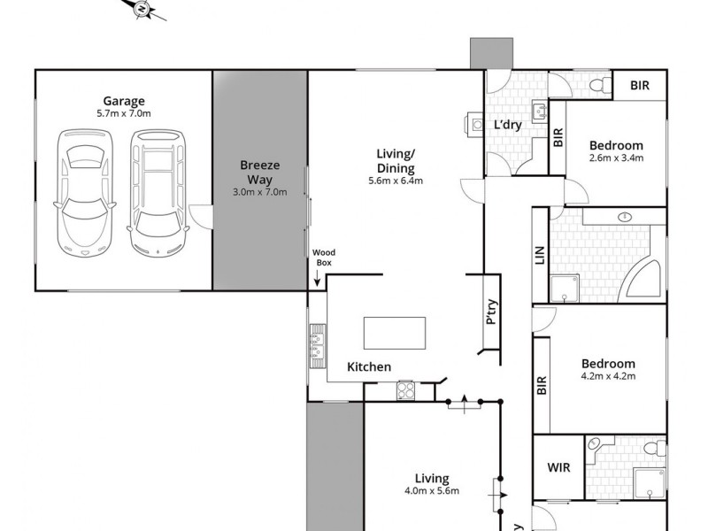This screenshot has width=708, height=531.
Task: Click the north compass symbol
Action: click(141, 9)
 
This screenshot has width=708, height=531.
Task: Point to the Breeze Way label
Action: click(259, 178)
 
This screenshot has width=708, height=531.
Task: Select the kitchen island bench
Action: click(394, 334)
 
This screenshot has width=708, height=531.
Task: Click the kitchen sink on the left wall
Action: click(317, 343)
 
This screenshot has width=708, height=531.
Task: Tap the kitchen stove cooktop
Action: click(405, 389)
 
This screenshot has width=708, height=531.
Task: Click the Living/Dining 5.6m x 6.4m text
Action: click(396, 167)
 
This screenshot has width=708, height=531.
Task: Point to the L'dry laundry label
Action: click(507, 125)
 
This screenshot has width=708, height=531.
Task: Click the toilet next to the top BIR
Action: click(598, 85)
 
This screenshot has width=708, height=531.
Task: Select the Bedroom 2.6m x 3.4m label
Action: click(616, 151)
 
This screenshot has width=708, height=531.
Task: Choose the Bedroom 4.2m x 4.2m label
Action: click(608, 369)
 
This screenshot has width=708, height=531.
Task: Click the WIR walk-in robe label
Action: click(557, 466)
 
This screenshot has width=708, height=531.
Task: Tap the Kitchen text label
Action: click(369, 366)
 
